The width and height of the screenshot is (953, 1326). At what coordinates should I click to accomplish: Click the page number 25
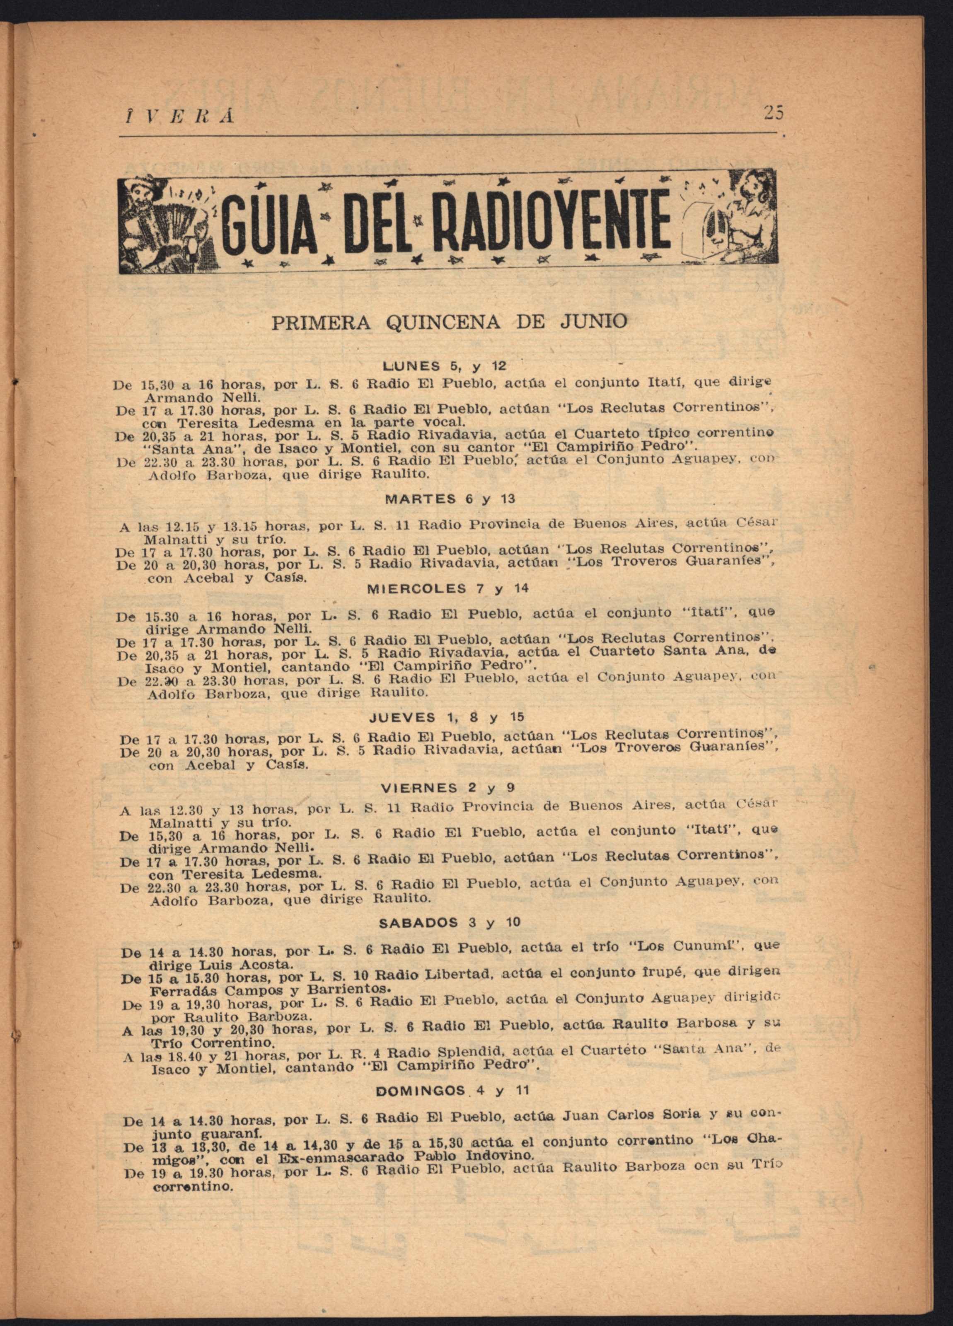pyautogui.click(x=773, y=112)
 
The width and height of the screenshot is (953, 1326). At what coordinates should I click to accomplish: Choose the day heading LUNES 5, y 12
pyautogui.click(x=444, y=367)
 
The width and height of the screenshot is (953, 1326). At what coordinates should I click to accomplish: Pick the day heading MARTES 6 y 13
pyautogui.click(x=450, y=499)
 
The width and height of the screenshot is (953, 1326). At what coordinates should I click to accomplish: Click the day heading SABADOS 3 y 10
pyautogui.click(x=449, y=922)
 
